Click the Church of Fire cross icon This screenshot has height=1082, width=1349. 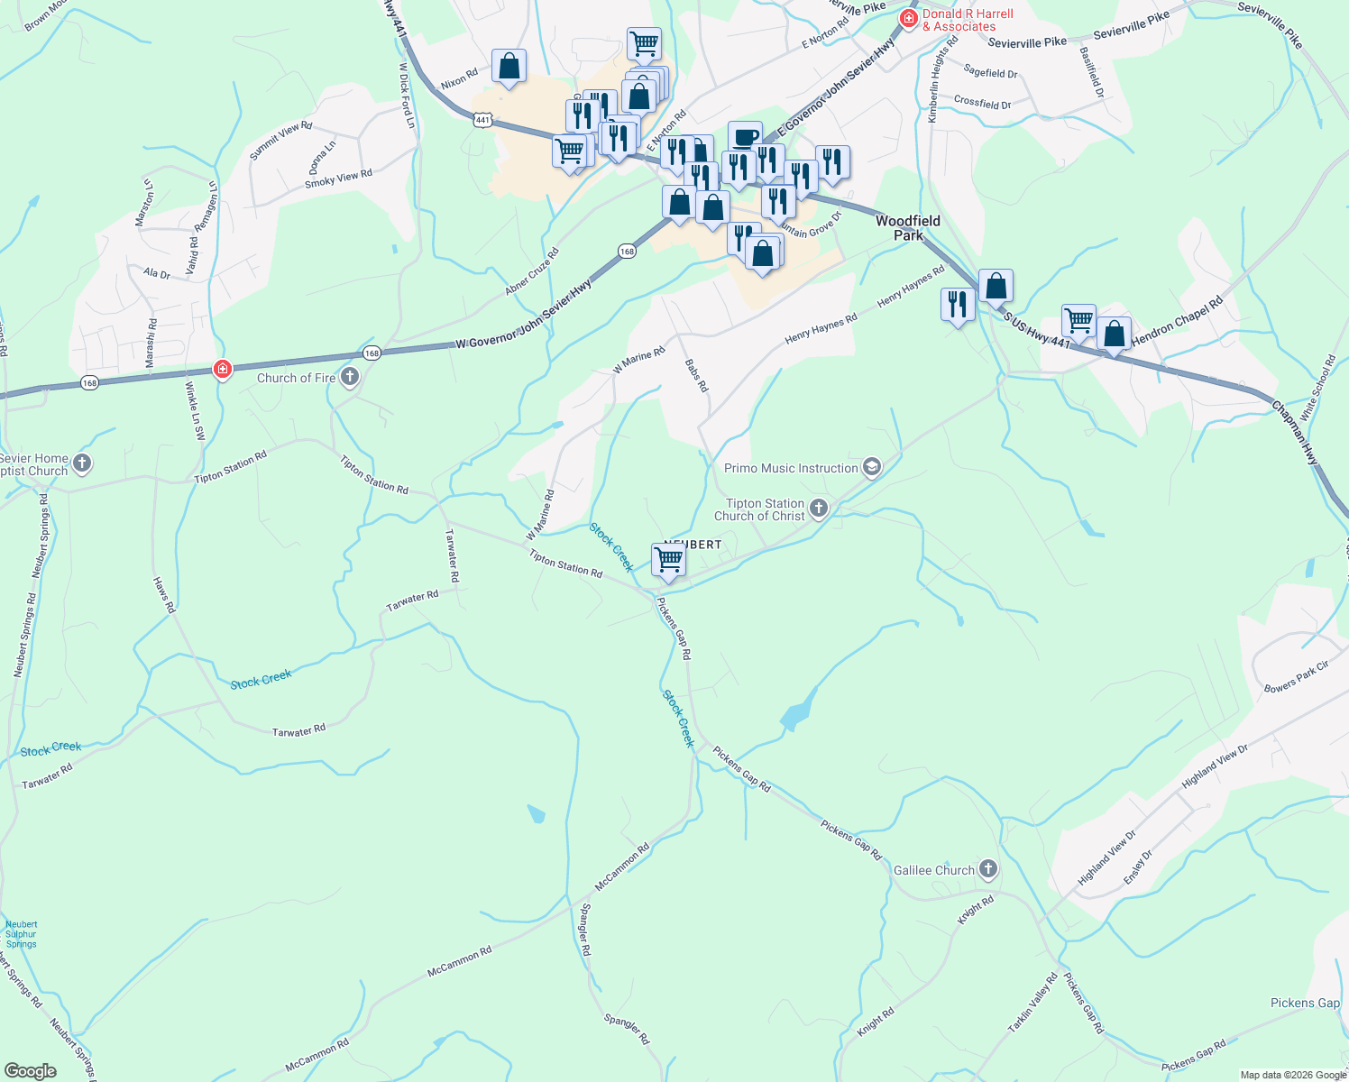click(350, 378)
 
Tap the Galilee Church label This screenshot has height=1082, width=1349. click(934, 870)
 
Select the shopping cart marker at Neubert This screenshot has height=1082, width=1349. click(668, 560)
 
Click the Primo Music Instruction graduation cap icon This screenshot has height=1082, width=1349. click(871, 467)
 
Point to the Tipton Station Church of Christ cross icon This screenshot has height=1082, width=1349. click(818, 509)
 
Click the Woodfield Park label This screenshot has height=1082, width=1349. click(907, 227)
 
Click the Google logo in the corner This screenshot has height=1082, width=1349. click(30, 1071)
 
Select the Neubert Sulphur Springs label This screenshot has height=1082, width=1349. click(21, 934)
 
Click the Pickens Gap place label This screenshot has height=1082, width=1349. click(1305, 1003)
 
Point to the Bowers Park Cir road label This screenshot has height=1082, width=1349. click(1297, 676)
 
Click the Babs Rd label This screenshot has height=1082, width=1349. click(696, 375)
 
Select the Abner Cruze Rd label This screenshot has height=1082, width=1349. click(532, 271)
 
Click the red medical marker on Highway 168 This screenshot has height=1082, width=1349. click(222, 369)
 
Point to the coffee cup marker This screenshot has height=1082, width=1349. click(745, 137)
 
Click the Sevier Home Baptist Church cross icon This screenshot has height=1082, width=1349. click(82, 464)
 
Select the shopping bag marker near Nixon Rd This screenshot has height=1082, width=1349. click(509, 67)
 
